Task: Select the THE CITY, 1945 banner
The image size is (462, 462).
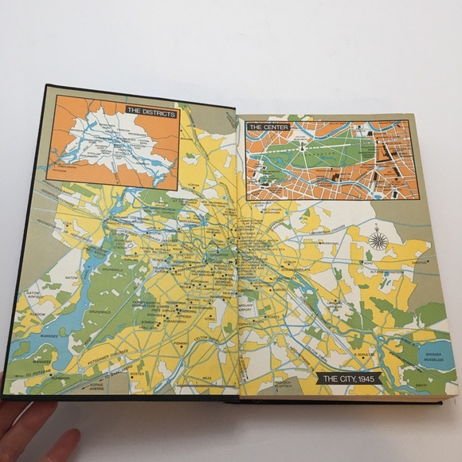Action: (348, 378)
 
